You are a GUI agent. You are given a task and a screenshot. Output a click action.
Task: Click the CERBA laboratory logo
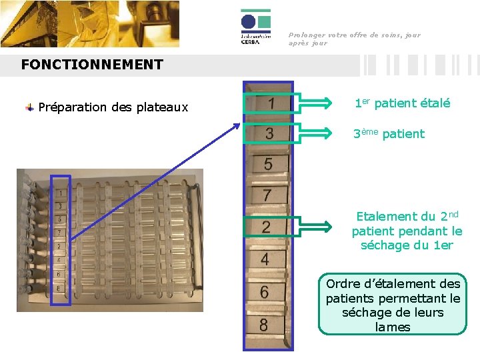pos(256,28)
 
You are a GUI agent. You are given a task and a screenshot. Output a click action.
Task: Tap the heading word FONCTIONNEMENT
pos(92,65)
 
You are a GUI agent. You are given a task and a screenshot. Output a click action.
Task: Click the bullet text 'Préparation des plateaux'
pos(113,107)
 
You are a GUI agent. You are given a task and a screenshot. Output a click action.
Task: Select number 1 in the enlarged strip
pos(271,104)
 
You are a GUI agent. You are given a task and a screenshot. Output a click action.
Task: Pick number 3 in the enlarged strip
pos(269,133)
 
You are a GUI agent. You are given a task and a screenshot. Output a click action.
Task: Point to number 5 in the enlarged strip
pos(268,163)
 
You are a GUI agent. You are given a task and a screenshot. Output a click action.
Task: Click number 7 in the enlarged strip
pos(267,195)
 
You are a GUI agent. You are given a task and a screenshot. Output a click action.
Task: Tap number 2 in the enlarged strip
pos(266,227)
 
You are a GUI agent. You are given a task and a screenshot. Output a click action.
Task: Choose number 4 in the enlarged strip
pos(265,259)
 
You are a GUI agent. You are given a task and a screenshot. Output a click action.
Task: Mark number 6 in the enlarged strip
pos(265,292)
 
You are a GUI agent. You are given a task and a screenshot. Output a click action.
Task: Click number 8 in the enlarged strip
pos(264,325)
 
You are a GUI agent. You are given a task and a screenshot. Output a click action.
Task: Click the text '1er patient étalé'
pos(402,103)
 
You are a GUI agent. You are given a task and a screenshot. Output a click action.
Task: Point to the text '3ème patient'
pos(389,133)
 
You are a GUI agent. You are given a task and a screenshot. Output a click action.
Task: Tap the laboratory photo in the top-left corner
pos(90,24)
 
